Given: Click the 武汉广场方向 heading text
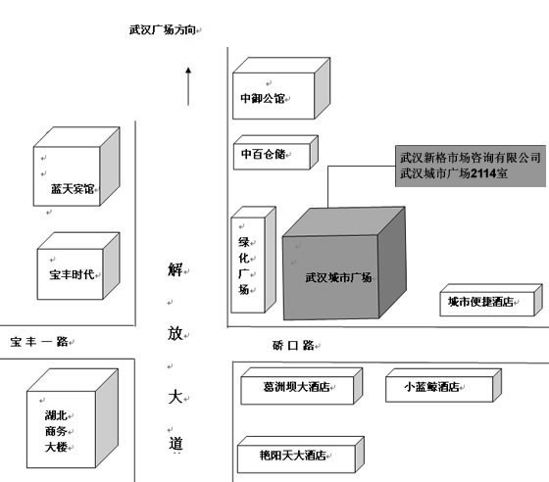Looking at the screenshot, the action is point(162,30).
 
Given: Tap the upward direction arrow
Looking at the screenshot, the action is point(188,86).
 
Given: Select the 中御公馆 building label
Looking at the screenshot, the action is point(263,98).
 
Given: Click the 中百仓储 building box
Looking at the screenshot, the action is point(275,153).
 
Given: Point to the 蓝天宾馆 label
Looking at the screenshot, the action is point(73,189).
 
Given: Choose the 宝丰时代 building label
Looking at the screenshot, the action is point(72,274).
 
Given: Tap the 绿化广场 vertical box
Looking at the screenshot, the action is point(254,260).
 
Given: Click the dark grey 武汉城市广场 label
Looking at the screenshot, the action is point(338,277).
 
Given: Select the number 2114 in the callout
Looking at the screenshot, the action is point(483,173).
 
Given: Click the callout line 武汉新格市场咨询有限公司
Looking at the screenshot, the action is point(471,158).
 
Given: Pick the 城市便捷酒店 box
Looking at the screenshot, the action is point(491,300).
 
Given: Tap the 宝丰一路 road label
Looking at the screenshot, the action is point(39,342).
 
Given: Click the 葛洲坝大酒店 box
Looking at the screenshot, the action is point(302,386).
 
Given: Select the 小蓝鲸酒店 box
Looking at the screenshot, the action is point(443,385).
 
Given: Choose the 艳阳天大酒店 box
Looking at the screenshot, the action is point(301,455).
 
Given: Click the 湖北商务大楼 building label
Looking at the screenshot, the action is point(56,431).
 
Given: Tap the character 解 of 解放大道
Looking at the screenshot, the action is point(175,269).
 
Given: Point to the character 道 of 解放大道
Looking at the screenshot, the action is point(175,444).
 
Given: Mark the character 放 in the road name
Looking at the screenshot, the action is point(175,333).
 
